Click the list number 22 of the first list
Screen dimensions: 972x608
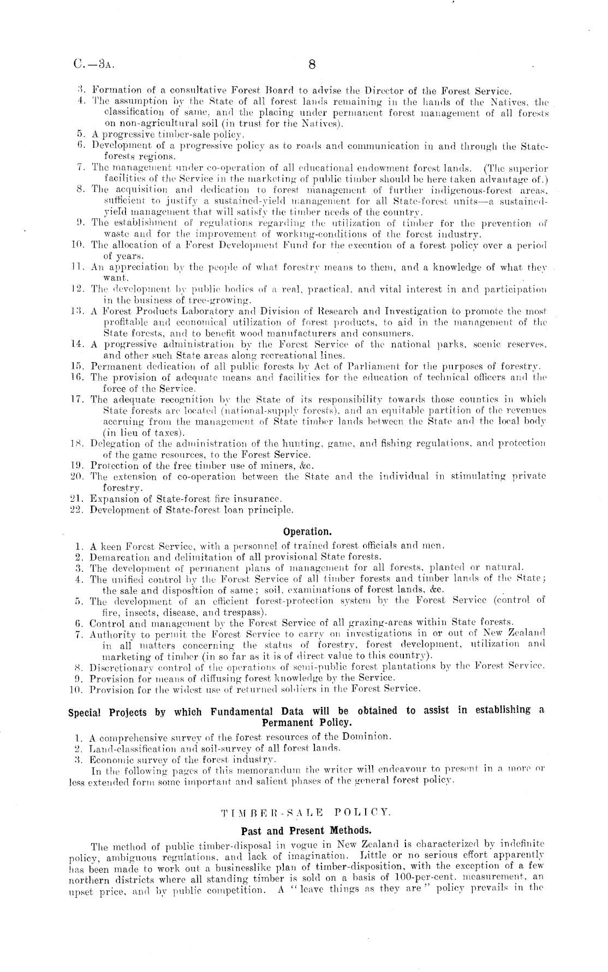tap(76, 511)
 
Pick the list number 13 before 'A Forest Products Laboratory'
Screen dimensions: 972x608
tap(76, 311)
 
